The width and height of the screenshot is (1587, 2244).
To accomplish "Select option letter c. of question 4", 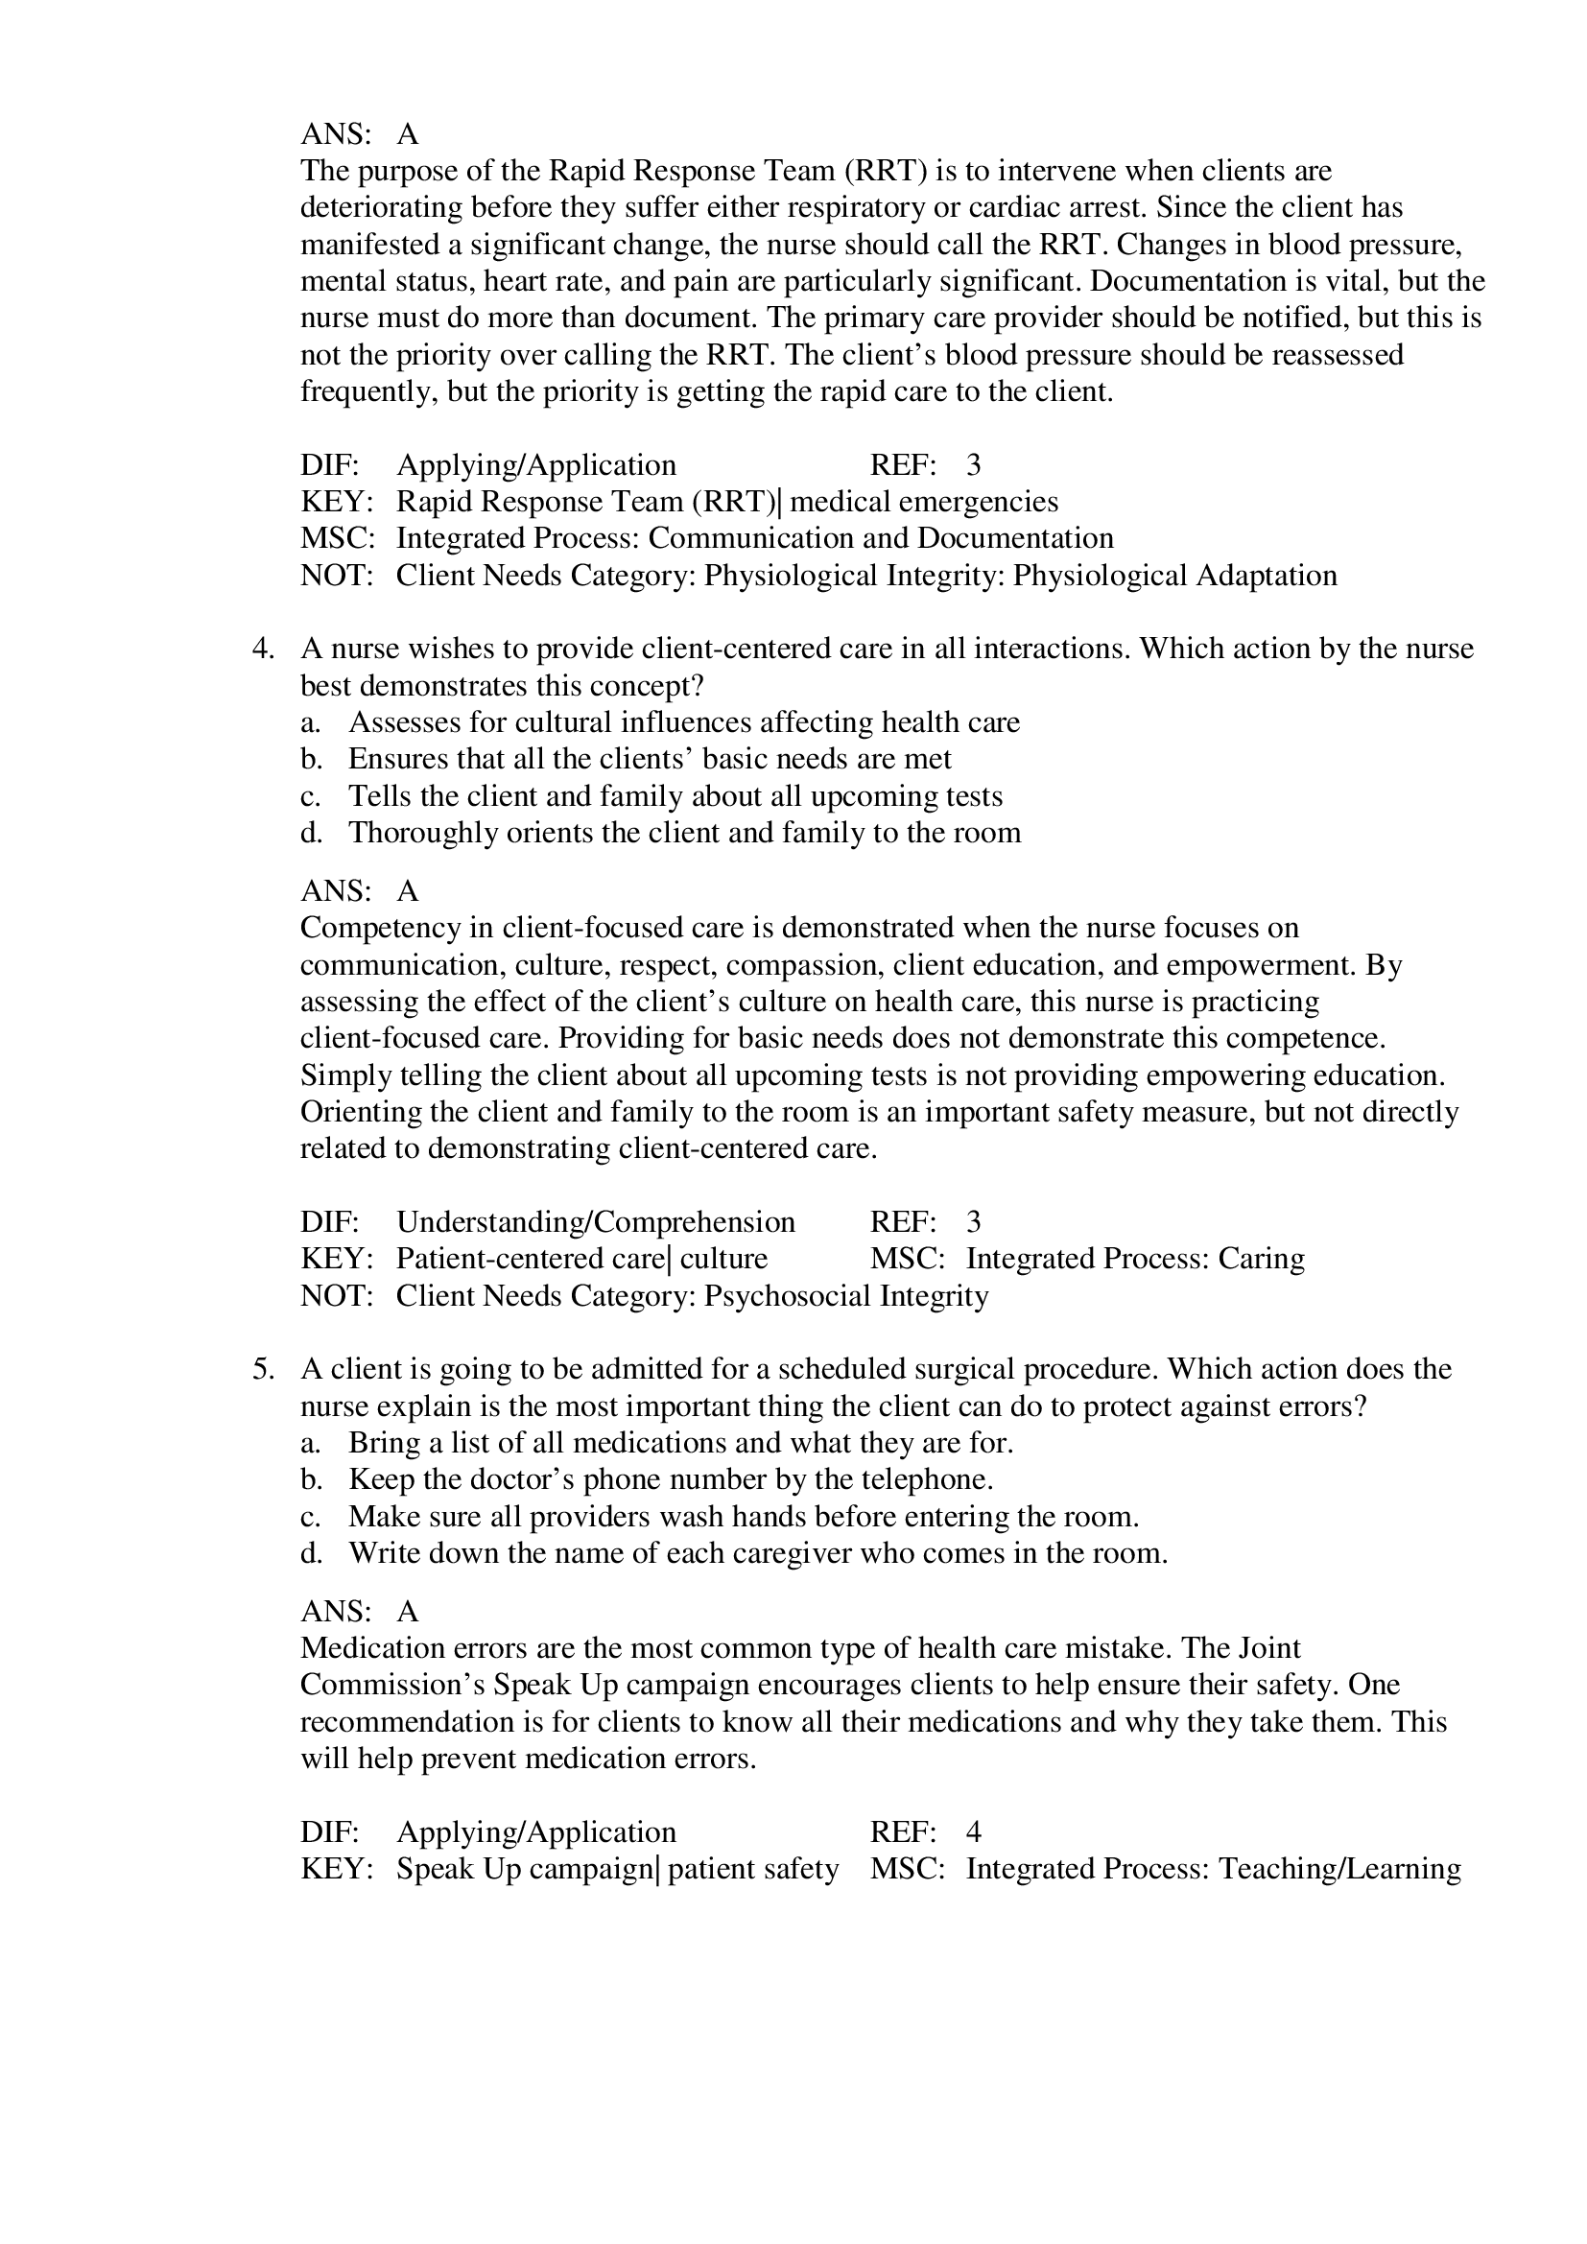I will coord(310,796).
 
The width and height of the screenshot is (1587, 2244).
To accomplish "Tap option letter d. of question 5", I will coord(311,1553).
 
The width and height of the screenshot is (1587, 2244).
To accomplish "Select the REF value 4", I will coord(973,1831).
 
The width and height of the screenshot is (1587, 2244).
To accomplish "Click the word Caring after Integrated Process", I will coord(1261,1259).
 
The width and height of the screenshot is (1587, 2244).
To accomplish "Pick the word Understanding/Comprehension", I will coord(595,1222).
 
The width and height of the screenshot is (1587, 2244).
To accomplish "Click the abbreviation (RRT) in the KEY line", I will coord(735,503).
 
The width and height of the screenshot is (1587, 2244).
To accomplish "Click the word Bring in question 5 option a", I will coord(379,1443).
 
